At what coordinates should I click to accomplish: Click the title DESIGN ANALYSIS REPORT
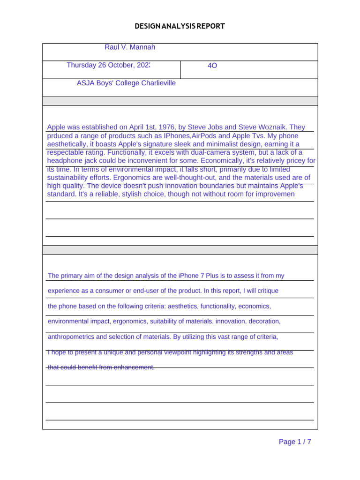pyautogui.click(x=180, y=26)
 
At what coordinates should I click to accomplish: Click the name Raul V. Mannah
pyautogui.click(x=130, y=47)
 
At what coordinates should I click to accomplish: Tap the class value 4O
pyautogui.click(x=212, y=66)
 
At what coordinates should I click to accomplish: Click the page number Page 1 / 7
pyautogui.click(x=295, y=442)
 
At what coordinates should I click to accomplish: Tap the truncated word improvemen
pyautogui.click(x=273, y=194)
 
